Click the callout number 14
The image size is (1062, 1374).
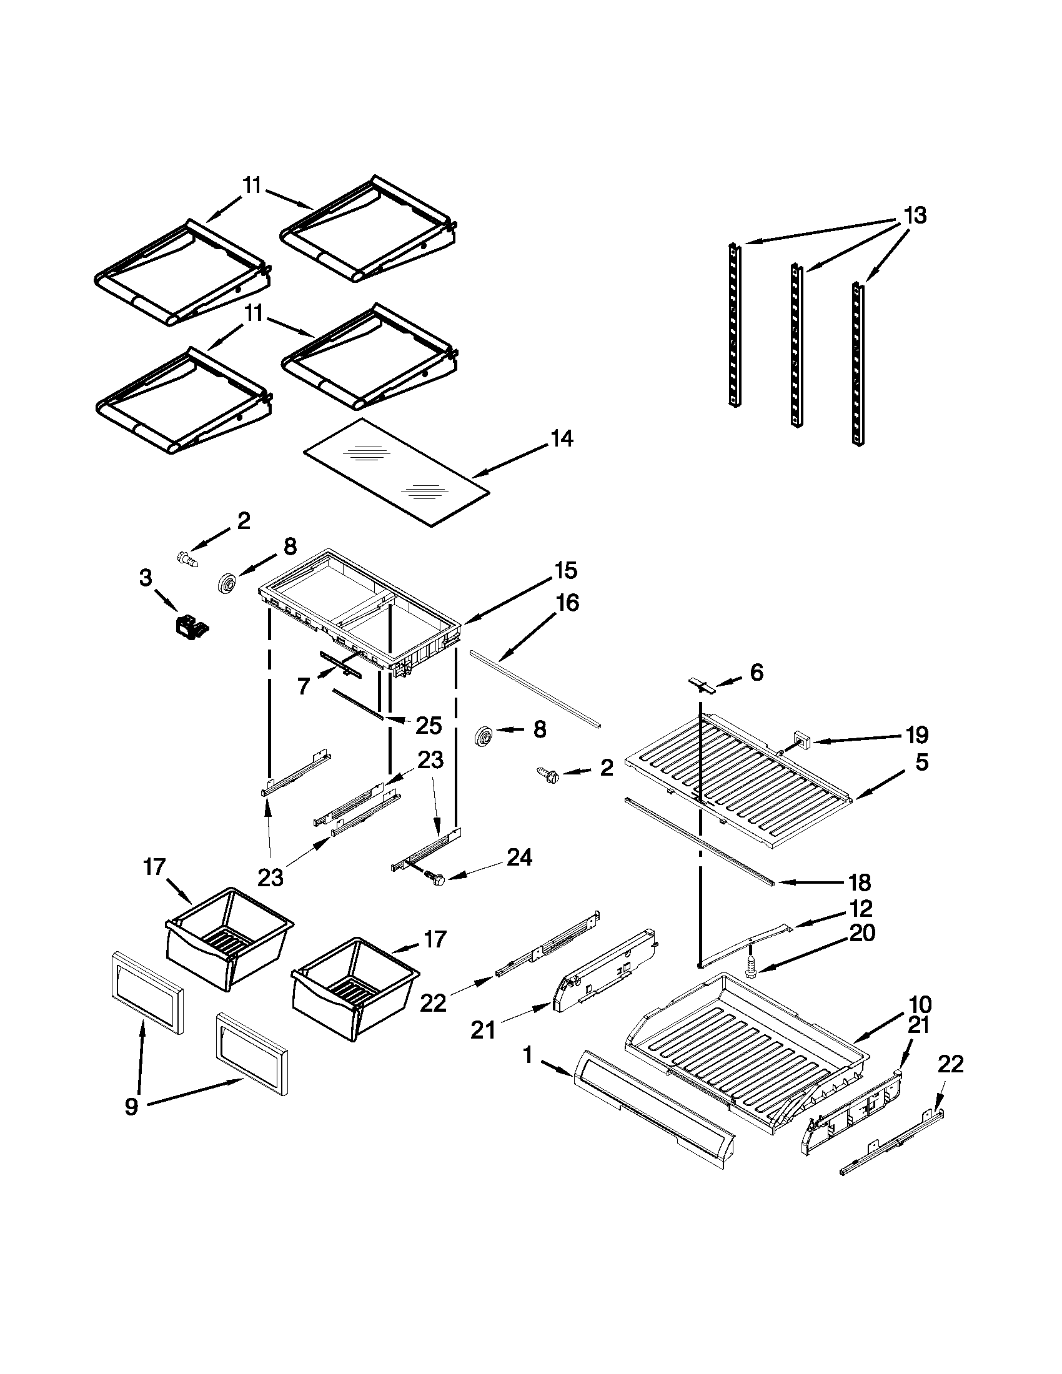coord(562,438)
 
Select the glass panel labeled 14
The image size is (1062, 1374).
coord(396,472)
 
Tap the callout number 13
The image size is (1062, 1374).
coord(915,216)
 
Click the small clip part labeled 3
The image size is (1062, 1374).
coord(191,625)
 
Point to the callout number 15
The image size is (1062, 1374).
coord(565,571)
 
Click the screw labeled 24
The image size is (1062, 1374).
coord(434,876)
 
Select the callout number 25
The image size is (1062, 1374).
coord(429,726)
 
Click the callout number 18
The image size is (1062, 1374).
coord(860,882)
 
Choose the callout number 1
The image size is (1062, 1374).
coord(527,1055)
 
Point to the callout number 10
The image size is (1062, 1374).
coord(920,1004)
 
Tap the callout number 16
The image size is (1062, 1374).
coord(567,603)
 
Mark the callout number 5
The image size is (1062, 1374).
coord(921,763)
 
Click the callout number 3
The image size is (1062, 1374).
coord(146,578)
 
